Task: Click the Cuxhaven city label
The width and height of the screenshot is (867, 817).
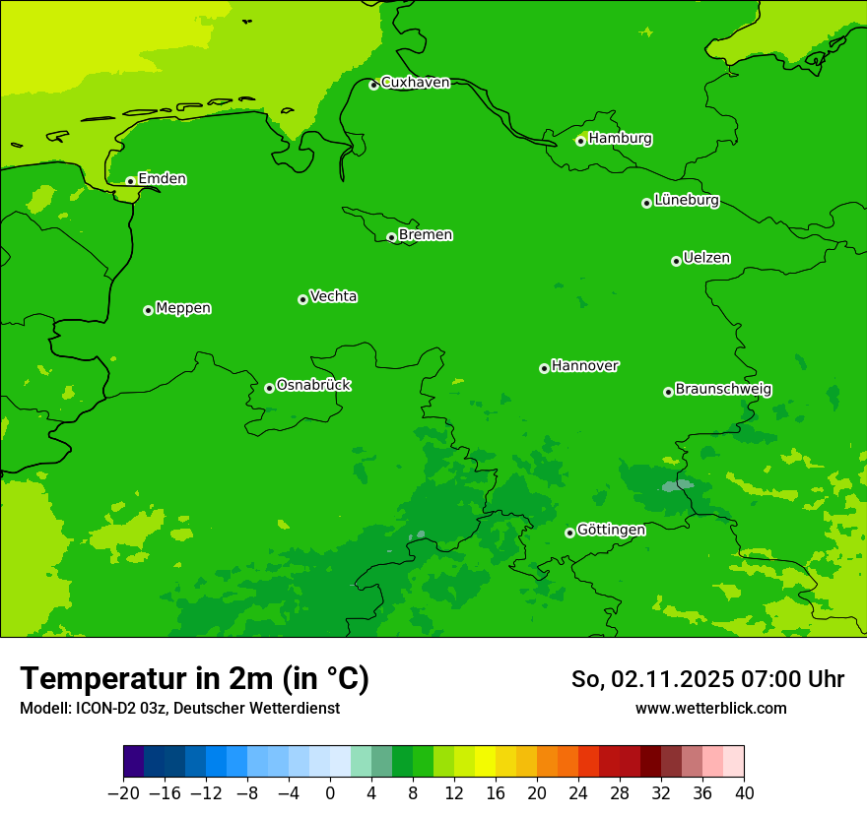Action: coord(415,83)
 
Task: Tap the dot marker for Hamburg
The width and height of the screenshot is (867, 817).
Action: coord(580,141)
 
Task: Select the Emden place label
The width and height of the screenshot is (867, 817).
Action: coord(162,179)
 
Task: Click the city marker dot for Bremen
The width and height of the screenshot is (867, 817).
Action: coord(391,237)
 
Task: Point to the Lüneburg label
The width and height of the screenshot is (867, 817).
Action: coord(686,201)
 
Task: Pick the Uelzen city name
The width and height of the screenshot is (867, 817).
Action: coord(706,259)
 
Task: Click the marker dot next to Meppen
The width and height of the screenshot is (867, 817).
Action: coord(148,310)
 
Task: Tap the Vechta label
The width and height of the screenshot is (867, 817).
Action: coord(333,297)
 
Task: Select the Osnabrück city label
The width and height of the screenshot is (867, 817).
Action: coord(313,386)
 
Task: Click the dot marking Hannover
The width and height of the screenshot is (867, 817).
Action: coord(544,368)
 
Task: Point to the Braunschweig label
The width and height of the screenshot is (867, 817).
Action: coord(723,390)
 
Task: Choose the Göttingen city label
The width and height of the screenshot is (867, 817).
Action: coord(611,531)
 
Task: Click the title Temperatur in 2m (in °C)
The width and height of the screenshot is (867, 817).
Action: coord(194,679)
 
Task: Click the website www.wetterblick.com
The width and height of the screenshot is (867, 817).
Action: coord(710,709)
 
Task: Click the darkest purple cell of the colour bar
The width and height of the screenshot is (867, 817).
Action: coord(133,762)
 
